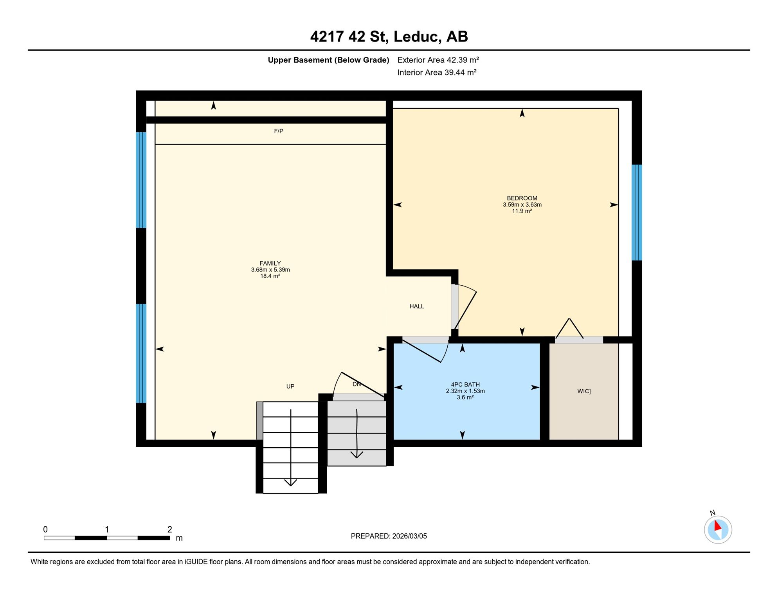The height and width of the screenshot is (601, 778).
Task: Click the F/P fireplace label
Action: pos(278,131)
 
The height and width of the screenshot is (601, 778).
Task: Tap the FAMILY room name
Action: pos(270,263)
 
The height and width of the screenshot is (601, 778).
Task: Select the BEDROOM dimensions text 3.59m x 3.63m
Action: pos(522,205)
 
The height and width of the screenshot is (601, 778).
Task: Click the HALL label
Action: pos(417,306)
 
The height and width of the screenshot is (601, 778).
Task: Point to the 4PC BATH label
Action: pos(465,385)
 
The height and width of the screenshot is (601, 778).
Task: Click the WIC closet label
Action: pos(583,391)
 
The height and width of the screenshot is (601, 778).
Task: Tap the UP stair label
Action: pos(290,387)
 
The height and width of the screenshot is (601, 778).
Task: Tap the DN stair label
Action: pos(357,384)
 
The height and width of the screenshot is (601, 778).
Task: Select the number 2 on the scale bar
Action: pos(169,529)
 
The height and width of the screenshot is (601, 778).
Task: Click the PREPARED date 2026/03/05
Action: pos(389,536)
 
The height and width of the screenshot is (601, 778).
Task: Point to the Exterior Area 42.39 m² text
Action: pos(438,60)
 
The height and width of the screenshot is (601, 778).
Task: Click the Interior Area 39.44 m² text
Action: pos(437,72)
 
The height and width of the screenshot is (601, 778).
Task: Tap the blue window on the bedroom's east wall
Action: pos(637,212)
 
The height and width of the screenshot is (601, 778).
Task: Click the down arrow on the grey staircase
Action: pos(357,434)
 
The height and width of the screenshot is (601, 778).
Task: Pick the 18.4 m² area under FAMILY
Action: pos(270,276)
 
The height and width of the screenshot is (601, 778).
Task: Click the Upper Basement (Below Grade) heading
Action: pos(328,60)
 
